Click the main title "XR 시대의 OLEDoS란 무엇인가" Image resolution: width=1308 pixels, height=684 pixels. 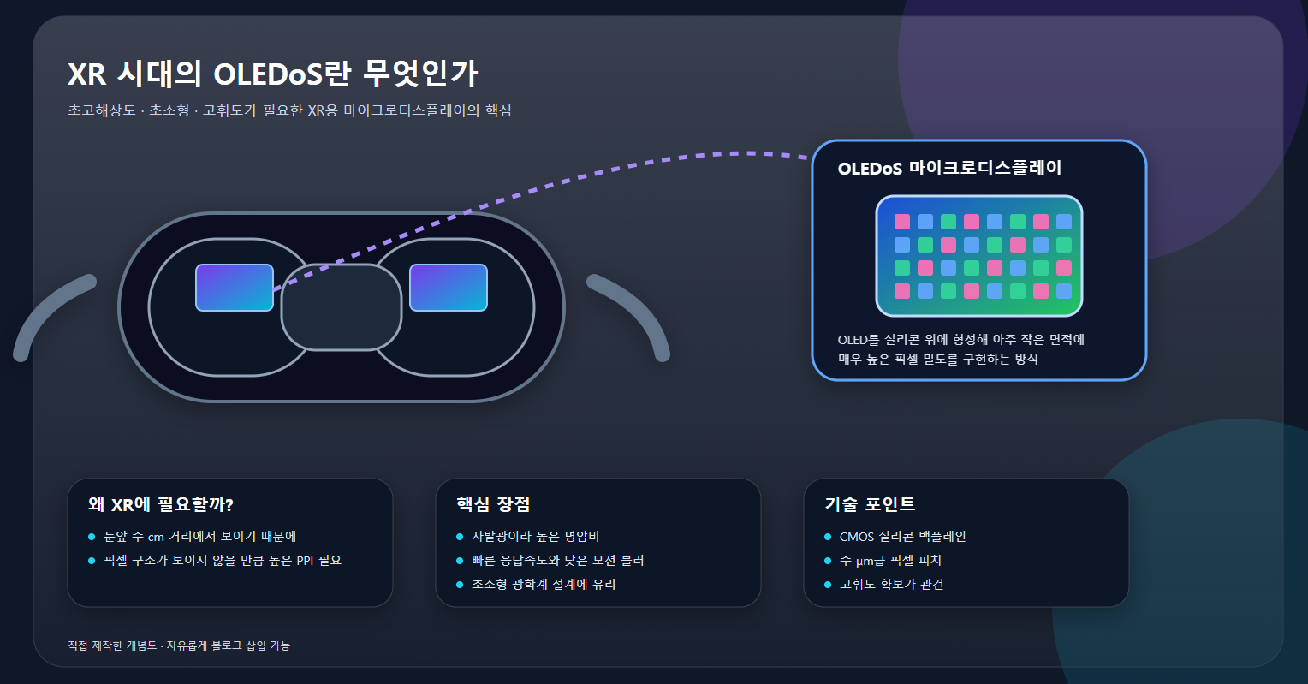tap(272, 74)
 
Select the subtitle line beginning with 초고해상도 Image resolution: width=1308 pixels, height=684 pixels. tap(289, 111)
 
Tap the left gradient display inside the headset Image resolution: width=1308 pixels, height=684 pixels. tap(234, 288)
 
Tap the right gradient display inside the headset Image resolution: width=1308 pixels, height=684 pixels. tap(448, 288)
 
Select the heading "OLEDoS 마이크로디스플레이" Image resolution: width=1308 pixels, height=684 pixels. tap(949, 168)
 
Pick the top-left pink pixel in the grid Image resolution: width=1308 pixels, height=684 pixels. tap(902, 222)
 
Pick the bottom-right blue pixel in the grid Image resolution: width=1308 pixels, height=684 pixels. tap(1063, 291)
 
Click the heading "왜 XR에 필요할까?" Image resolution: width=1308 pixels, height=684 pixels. tap(161, 504)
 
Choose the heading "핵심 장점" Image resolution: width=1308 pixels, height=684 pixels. tap(493, 504)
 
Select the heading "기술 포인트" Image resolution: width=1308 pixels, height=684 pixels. tap(870, 504)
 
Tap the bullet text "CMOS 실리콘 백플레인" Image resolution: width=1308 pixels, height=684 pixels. tap(902, 537)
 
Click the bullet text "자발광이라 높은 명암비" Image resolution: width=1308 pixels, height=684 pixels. tap(535, 537)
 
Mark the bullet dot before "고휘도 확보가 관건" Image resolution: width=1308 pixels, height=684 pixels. tap(828, 585)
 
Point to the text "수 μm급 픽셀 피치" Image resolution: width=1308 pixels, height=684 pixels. tap(890, 561)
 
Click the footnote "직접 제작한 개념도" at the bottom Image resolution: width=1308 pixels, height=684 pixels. tap(112, 645)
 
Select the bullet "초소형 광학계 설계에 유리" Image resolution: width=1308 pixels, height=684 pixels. tap(543, 585)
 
